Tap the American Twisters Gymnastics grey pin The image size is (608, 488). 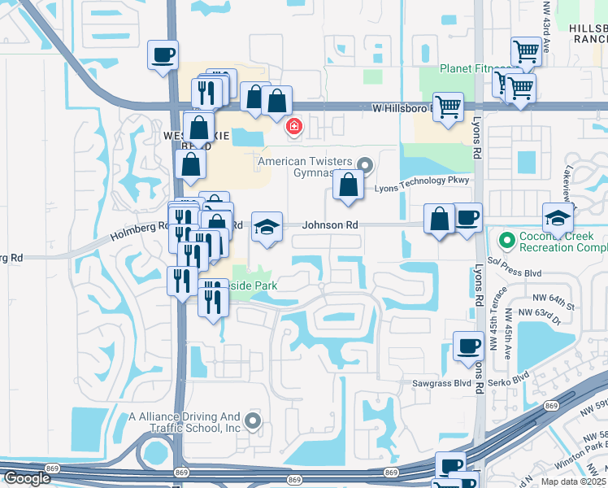(x=364, y=166)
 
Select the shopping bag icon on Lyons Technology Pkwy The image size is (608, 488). (x=348, y=185)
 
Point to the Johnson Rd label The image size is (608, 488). (x=331, y=224)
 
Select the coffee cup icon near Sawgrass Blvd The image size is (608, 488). (x=467, y=346)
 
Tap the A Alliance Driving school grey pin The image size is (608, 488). (x=253, y=420)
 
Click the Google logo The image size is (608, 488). (x=28, y=478)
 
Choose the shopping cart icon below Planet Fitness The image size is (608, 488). (x=448, y=107)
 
